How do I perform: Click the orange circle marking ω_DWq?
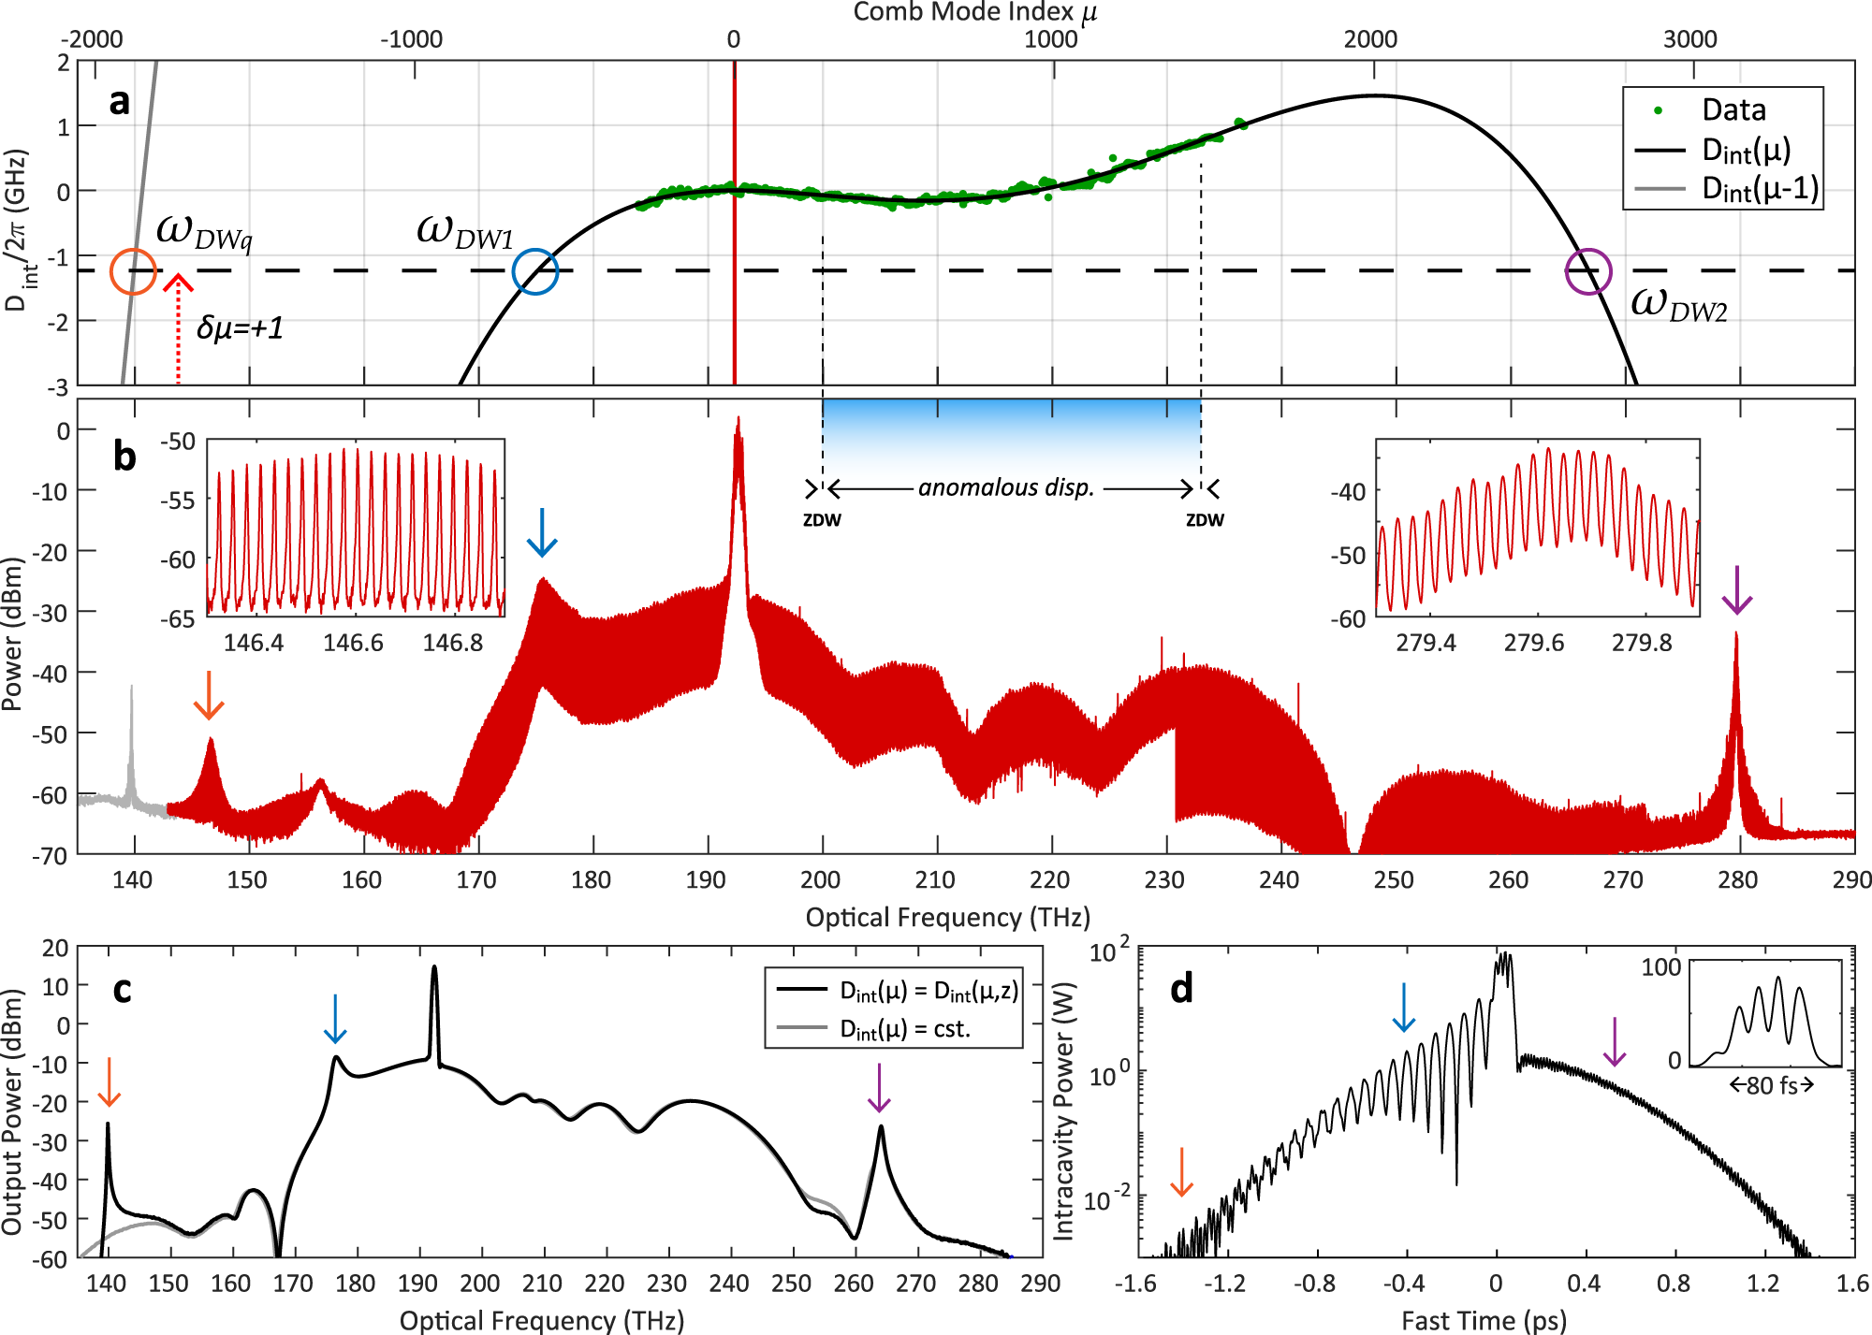point(133,271)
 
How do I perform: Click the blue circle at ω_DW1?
point(535,271)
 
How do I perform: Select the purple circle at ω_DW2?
point(1588,272)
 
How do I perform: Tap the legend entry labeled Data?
point(1733,110)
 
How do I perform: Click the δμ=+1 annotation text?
point(240,327)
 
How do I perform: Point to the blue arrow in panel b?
point(542,532)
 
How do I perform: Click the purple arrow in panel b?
point(1736,590)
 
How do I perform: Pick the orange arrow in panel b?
point(209,695)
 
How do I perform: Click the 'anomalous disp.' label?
point(1006,487)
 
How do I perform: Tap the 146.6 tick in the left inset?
point(353,643)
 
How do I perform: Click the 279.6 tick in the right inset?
point(1533,643)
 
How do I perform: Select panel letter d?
point(1182,989)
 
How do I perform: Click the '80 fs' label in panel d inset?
point(1771,1085)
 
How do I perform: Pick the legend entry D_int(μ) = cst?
point(904,1029)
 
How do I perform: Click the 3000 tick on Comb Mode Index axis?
point(1689,39)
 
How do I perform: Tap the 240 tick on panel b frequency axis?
point(1279,879)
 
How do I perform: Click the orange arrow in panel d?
point(1182,1172)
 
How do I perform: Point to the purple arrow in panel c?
point(879,1087)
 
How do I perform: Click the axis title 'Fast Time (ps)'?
point(1483,1320)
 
